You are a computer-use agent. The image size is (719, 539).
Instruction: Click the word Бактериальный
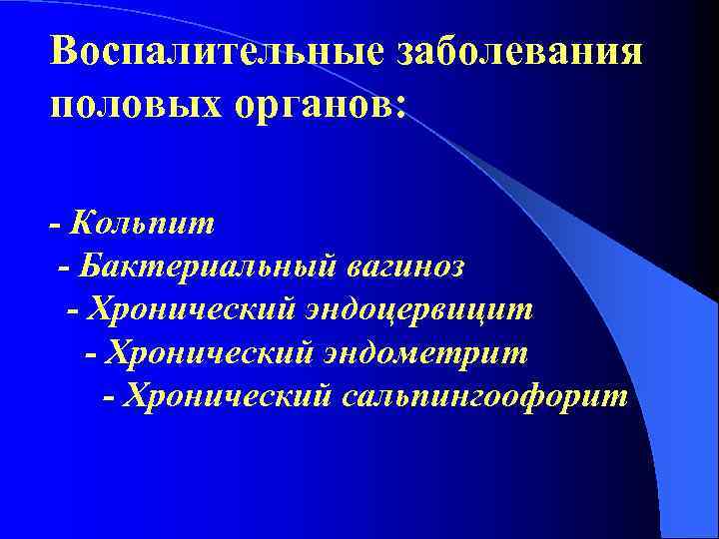point(211,266)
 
